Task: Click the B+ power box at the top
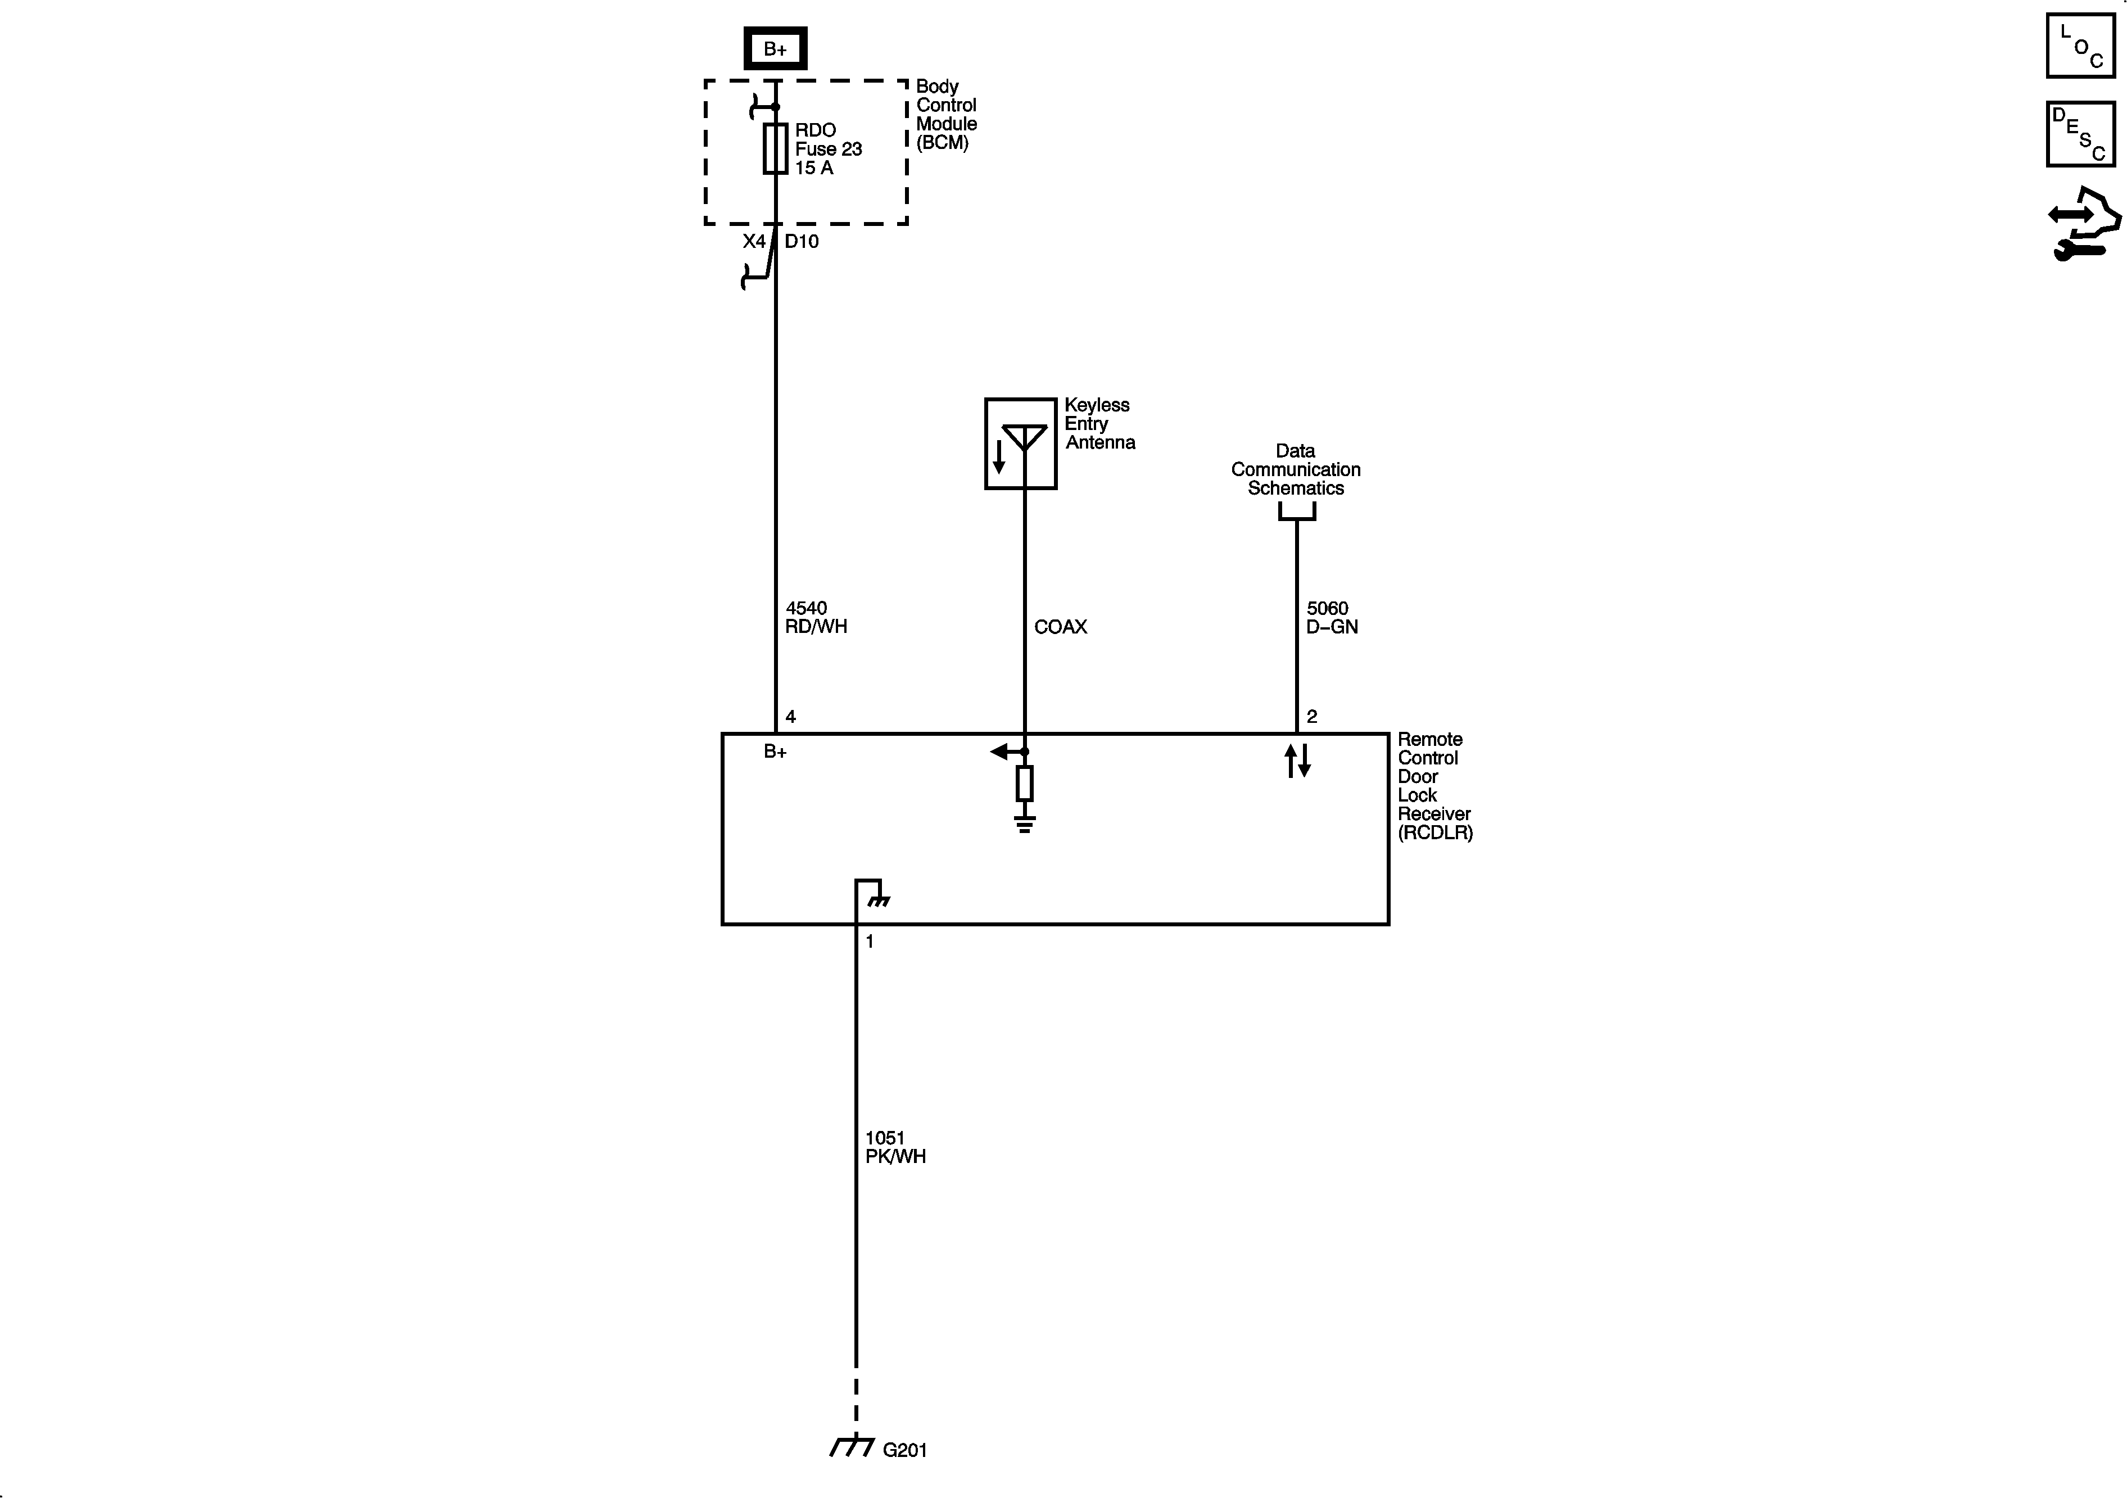[775, 49]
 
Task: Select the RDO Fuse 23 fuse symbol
[775, 148]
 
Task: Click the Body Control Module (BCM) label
[946, 114]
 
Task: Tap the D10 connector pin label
[802, 242]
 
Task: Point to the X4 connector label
[754, 242]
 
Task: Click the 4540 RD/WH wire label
[815, 617]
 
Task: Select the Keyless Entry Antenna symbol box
[1020, 443]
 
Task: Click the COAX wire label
[1060, 627]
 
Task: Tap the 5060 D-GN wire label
[1331, 617]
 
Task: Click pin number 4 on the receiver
[790, 716]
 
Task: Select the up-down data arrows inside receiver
[1297, 761]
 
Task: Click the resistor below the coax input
[1024, 784]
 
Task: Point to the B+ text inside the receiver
[775, 752]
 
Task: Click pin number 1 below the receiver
[869, 941]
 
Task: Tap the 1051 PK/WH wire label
[895, 1147]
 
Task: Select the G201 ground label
[904, 1450]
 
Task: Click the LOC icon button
[2080, 46]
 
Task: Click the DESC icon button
[2080, 134]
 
